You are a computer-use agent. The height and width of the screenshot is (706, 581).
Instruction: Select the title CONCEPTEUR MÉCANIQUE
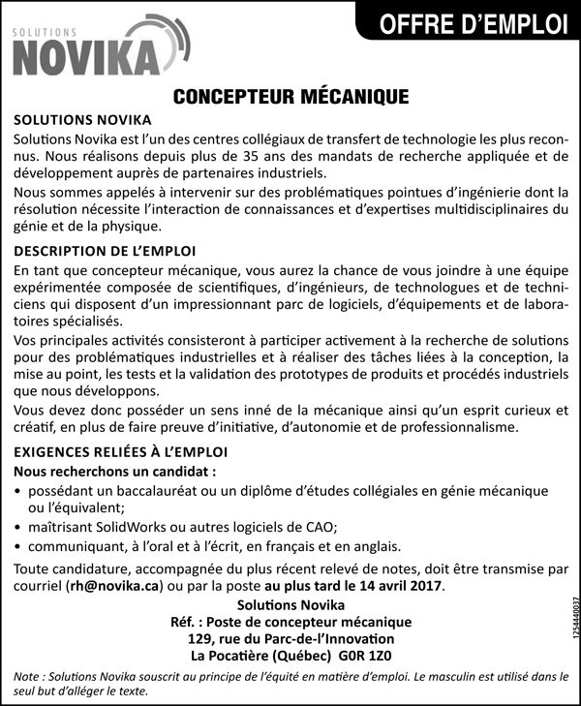(x=290, y=97)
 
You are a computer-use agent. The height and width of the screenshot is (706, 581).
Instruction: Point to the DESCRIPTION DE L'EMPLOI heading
(x=106, y=251)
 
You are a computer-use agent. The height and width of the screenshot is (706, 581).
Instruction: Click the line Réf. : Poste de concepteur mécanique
(x=290, y=621)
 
